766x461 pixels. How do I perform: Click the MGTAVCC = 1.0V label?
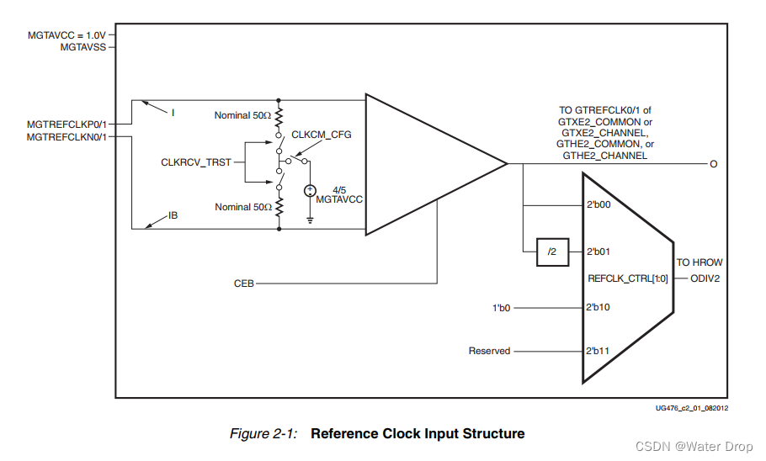(68, 35)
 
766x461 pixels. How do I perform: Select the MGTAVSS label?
(83, 47)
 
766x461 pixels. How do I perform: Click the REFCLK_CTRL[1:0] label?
(628, 277)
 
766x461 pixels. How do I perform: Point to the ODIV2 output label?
(706, 277)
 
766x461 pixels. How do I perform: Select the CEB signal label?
(244, 283)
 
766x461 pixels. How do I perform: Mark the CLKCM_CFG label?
(322, 135)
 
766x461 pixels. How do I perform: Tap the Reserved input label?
(489, 351)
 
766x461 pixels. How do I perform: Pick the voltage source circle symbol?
(311, 193)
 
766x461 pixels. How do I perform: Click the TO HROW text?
(700, 262)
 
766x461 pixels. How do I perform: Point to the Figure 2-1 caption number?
(265, 434)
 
